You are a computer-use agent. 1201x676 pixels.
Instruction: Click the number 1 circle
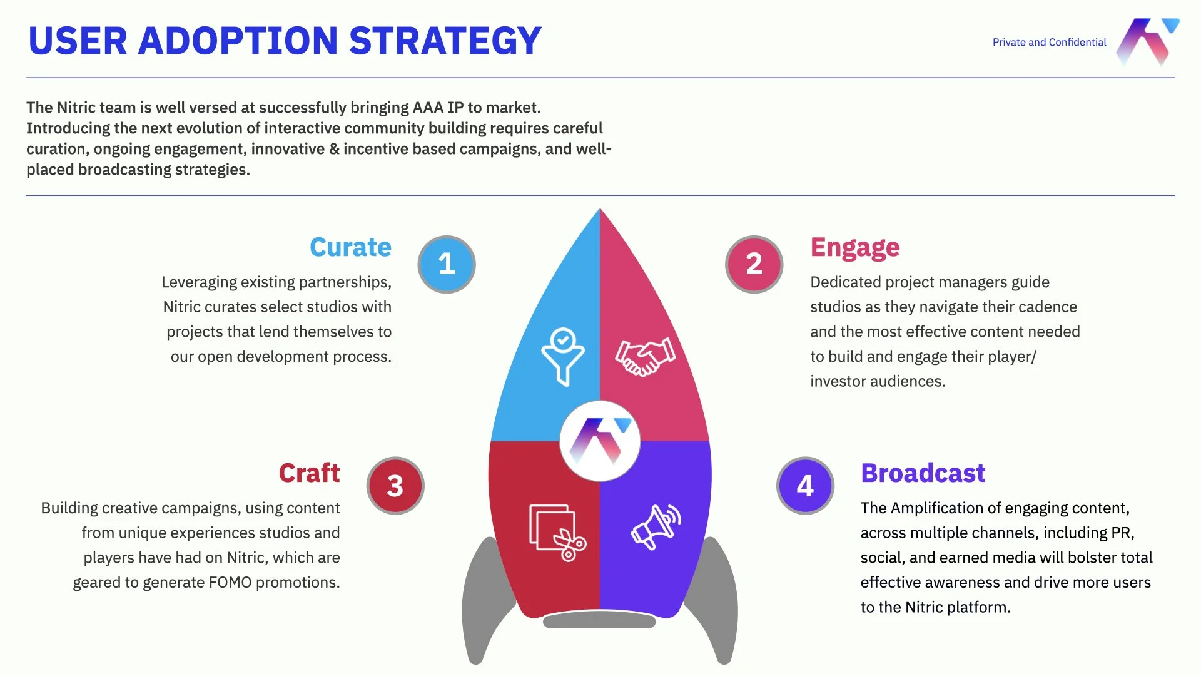[x=446, y=264]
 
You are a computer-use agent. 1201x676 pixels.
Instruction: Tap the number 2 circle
[x=754, y=264]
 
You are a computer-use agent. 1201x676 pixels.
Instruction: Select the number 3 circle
[x=395, y=486]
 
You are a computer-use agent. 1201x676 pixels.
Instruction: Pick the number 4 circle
[x=805, y=486]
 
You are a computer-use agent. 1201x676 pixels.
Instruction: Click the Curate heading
[x=350, y=247]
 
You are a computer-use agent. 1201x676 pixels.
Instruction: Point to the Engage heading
[x=854, y=248]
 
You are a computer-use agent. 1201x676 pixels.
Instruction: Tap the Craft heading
[x=309, y=473]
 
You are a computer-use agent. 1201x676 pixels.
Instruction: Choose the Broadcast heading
[x=923, y=473]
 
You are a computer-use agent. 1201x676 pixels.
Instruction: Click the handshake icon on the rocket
[x=645, y=357]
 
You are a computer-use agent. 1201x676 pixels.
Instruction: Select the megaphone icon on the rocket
[x=655, y=526]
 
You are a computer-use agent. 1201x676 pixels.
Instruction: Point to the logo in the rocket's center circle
[x=600, y=441]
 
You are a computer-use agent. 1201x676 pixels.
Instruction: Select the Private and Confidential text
[x=1049, y=43]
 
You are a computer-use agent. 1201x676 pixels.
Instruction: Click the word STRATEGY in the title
[x=445, y=41]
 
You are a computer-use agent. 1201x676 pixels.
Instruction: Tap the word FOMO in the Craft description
[x=230, y=583]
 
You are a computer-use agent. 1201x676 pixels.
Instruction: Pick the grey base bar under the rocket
[x=599, y=621]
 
